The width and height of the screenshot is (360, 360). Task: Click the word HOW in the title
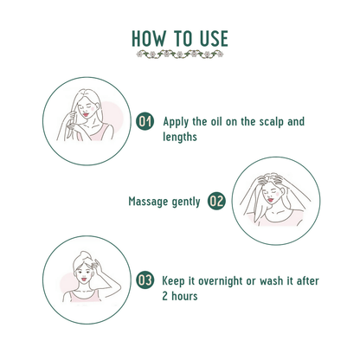point(149,39)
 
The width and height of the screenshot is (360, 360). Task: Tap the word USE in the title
point(214,39)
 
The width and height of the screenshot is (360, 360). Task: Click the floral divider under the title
point(180,55)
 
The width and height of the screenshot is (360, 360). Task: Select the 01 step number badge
point(145,121)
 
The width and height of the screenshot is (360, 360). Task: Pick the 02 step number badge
point(216,201)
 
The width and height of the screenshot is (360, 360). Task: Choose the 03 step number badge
point(145,280)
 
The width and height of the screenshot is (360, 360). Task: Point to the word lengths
point(180,137)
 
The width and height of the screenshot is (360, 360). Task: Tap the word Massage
point(148,202)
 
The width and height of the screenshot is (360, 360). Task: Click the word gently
point(186,202)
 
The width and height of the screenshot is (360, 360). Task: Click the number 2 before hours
point(164,296)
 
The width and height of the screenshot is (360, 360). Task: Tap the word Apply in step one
point(176,122)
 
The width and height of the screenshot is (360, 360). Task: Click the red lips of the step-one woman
point(86,114)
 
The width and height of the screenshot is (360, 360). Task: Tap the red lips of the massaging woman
point(270,200)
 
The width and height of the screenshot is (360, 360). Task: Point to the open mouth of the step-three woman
point(84,280)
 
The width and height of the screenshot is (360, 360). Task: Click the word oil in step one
point(215,122)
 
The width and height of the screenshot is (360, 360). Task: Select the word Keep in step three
point(173,281)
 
